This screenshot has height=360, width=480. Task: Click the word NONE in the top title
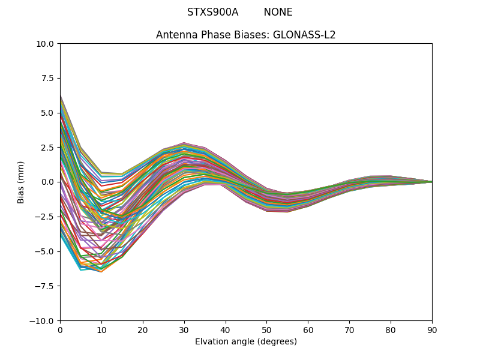point(278,12)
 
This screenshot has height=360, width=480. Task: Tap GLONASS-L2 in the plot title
point(304,35)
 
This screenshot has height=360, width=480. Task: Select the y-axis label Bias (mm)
point(21,182)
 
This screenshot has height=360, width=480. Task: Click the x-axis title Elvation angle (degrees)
point(246,342)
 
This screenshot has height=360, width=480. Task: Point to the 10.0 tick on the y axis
point(47,44)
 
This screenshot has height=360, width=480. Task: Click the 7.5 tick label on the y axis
point(49,78)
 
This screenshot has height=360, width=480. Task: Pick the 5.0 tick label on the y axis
point(49,113)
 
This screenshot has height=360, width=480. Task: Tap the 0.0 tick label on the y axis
point(49,182)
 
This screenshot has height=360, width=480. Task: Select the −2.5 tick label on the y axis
point(46,217)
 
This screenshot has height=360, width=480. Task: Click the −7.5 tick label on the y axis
point(46,286)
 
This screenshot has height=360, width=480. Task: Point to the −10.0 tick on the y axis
point(44,320)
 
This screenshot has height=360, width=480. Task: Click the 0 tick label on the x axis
point(60,330)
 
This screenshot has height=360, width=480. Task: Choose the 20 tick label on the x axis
point(143,330)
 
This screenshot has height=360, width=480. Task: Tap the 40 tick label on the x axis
point(226,330)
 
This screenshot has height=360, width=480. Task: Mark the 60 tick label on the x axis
point(308,330)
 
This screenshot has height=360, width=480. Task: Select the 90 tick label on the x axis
point(432,330)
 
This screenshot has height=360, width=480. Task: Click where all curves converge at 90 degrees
point(431,182)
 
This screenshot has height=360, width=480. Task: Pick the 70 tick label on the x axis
point(349,330)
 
